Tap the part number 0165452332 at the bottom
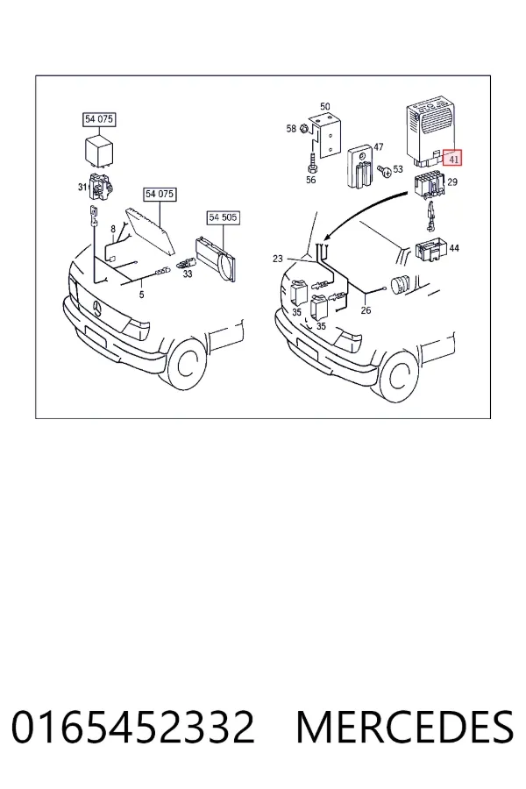(x=133, y=727)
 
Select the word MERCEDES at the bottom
(x=405, y=727)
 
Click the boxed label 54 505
(x=224, y=217)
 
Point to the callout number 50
(x=325, y=107)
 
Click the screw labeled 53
(x=386, y=172)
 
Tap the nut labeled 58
(x=304, y=129)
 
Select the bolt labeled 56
(x=312, y=163)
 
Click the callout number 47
(x=379, y=147)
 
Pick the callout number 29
(x=452, y=181)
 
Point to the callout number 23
(x=278, y=259)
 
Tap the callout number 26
(x=366, y=310)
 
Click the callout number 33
(x=188, y=274)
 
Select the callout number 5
(x=141, y=295)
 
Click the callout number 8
(x=113, y=230)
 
